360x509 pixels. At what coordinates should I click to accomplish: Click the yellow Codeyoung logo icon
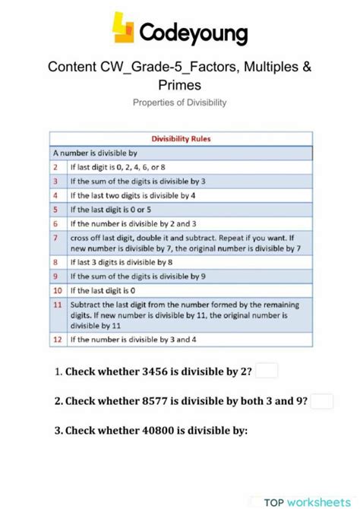coord(124,28)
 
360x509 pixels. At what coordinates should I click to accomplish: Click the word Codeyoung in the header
coord(194,33)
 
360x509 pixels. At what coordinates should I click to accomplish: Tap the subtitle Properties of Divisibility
coord(179,102)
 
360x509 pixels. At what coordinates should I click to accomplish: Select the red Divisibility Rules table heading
coord(182,139)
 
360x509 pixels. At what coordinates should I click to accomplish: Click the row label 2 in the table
coord(55,166)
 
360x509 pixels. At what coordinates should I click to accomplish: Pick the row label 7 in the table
coord(55,237)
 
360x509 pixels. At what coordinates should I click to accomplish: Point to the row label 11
coord(56,305)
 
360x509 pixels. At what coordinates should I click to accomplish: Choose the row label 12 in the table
coord(56,340)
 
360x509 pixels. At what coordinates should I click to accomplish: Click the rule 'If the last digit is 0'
coord(103,290)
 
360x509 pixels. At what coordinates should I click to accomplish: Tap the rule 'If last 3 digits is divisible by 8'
coord(122,262)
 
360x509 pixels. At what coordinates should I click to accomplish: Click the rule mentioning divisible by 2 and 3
coord(133,223)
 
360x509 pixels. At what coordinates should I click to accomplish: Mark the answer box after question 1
coord(267,371)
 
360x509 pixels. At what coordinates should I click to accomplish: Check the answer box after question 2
coord(322,401)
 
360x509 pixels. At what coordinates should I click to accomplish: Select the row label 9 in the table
coord(55,277)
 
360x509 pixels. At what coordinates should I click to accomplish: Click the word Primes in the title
coord(179,84)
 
